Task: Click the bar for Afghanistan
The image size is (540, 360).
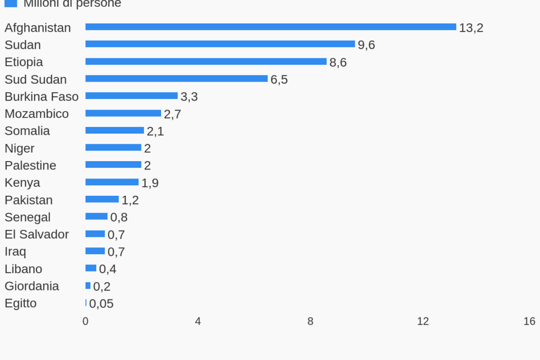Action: click(x=271, y=27)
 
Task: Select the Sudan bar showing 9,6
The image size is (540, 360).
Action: click(x=220, y=44)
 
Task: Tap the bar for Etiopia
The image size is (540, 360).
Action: click(x=206, y=62)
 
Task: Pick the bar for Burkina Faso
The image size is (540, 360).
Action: click(x=132, y=96)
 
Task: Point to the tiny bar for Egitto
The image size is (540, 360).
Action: click(x=86, y=303)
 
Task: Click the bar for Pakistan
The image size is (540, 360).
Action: click(x=102, y=199)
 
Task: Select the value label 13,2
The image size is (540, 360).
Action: click(x=471, y=28)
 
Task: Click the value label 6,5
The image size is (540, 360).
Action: click(x=279, y=79)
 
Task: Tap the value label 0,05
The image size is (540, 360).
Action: click(x=101, y=304)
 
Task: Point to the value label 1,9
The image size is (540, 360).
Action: click(x=150, y=183)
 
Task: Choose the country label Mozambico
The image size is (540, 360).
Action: click(x=37, y=114)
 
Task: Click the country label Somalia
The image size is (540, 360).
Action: click(x=27, y=131)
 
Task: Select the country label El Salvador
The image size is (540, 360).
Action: click(x=37, y=234)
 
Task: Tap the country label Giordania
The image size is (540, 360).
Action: click(x=32, y=286)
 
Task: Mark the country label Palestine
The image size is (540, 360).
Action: click(x=31, y=165)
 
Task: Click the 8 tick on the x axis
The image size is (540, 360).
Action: click(x=311, y=321)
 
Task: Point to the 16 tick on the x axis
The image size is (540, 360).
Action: click(x=529, y=321)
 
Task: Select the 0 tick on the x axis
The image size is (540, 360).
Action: click(x=86, y=321)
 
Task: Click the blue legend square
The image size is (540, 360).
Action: click(x=11, y=3)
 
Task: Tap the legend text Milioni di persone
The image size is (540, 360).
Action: click(x=72, y=4)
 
